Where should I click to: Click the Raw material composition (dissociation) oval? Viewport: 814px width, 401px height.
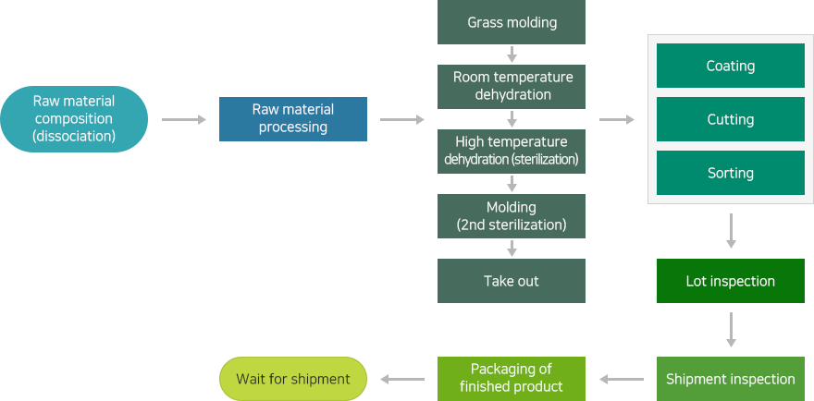(x=74, y=119)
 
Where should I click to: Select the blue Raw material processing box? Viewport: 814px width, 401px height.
(x=293, y=119)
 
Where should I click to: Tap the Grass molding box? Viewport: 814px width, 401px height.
(x=512, y=22)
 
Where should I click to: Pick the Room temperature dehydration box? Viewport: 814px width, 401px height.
(x=512, y=87)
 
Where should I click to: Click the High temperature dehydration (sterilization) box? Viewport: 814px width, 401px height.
(x=512, y=151)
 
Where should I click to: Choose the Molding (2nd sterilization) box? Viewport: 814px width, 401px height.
(x=512, y=216)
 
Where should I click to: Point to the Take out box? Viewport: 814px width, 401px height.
(x=512, y=281)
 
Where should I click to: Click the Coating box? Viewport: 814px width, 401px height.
(x=731, y=66)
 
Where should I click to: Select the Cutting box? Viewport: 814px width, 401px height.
(x=731, y=119)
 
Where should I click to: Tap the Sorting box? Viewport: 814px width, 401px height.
(x=731, y=173)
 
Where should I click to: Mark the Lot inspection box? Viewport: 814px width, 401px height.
(x=731, y=281)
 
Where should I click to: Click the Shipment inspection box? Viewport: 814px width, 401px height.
(x=731, y=379)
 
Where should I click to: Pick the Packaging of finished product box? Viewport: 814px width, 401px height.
(x=512, y=379)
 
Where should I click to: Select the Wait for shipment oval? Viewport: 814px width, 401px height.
(x=293, y=379)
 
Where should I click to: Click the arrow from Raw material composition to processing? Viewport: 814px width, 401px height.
(x=184, y=120)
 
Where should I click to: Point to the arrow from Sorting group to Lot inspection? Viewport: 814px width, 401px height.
(x=731, y=231)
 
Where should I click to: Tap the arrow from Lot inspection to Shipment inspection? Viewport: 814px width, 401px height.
(x=731, y=330)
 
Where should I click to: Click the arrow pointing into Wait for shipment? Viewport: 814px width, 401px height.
(x=402, y=379)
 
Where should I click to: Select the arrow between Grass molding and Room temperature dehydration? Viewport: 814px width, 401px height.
(x=512, y=55)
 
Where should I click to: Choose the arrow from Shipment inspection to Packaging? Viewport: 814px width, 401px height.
(x=622, y=379)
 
